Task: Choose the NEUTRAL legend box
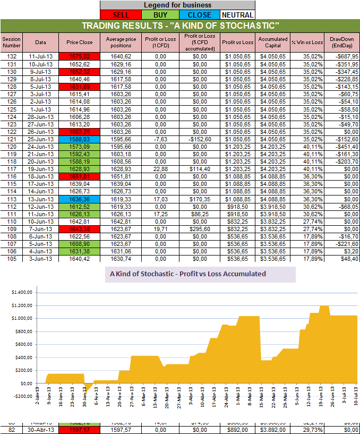pos(237,15)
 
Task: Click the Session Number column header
pos(11,42)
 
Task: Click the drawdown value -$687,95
pos(342,56)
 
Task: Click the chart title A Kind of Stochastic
pos(188,275)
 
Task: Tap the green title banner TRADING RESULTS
pos(180,26)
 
